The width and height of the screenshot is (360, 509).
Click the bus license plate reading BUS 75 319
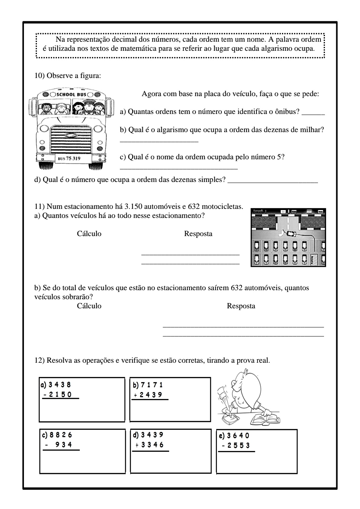(69, 158)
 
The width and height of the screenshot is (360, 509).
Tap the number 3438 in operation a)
(60, 385)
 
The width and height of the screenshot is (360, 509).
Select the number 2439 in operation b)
(151, 394)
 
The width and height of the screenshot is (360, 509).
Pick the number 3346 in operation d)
(152, 445)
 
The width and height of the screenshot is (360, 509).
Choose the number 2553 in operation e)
(239, 445)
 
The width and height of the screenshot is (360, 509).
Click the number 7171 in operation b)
(152, 385)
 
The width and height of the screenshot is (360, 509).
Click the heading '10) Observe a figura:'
(68, 76)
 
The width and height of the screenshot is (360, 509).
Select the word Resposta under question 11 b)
(241, 306)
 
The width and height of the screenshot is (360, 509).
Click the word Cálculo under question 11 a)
(89, 234)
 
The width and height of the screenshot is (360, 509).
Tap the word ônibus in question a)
(289, 112)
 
